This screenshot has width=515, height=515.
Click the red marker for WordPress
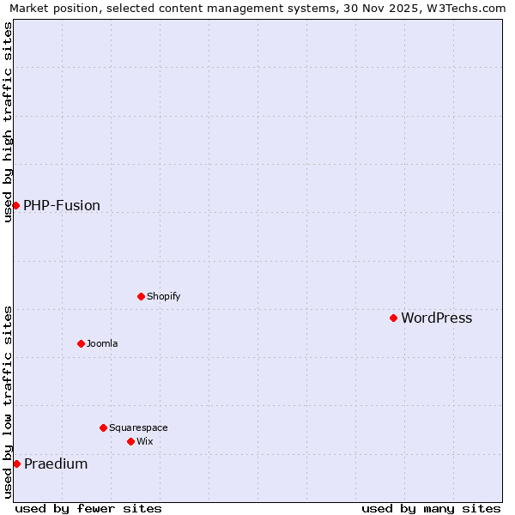393,318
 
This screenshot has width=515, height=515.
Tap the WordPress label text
436,318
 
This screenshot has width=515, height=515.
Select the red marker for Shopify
141,296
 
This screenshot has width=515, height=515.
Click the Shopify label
163,296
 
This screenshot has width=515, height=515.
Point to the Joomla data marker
81,343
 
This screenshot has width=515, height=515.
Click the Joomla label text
102,343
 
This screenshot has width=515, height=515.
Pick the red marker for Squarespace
103,427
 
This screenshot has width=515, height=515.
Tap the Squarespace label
138,427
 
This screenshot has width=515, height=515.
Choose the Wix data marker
130,441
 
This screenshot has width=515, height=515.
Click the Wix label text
144,441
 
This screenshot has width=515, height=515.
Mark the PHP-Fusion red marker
15,205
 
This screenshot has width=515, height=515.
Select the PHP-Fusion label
62,205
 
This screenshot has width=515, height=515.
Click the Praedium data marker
16,463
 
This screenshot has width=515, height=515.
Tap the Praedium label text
56,464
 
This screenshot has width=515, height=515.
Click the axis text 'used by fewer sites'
88,508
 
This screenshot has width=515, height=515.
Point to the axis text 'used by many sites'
431,508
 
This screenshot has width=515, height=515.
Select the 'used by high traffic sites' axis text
8,122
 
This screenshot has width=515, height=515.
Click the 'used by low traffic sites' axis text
8,402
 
